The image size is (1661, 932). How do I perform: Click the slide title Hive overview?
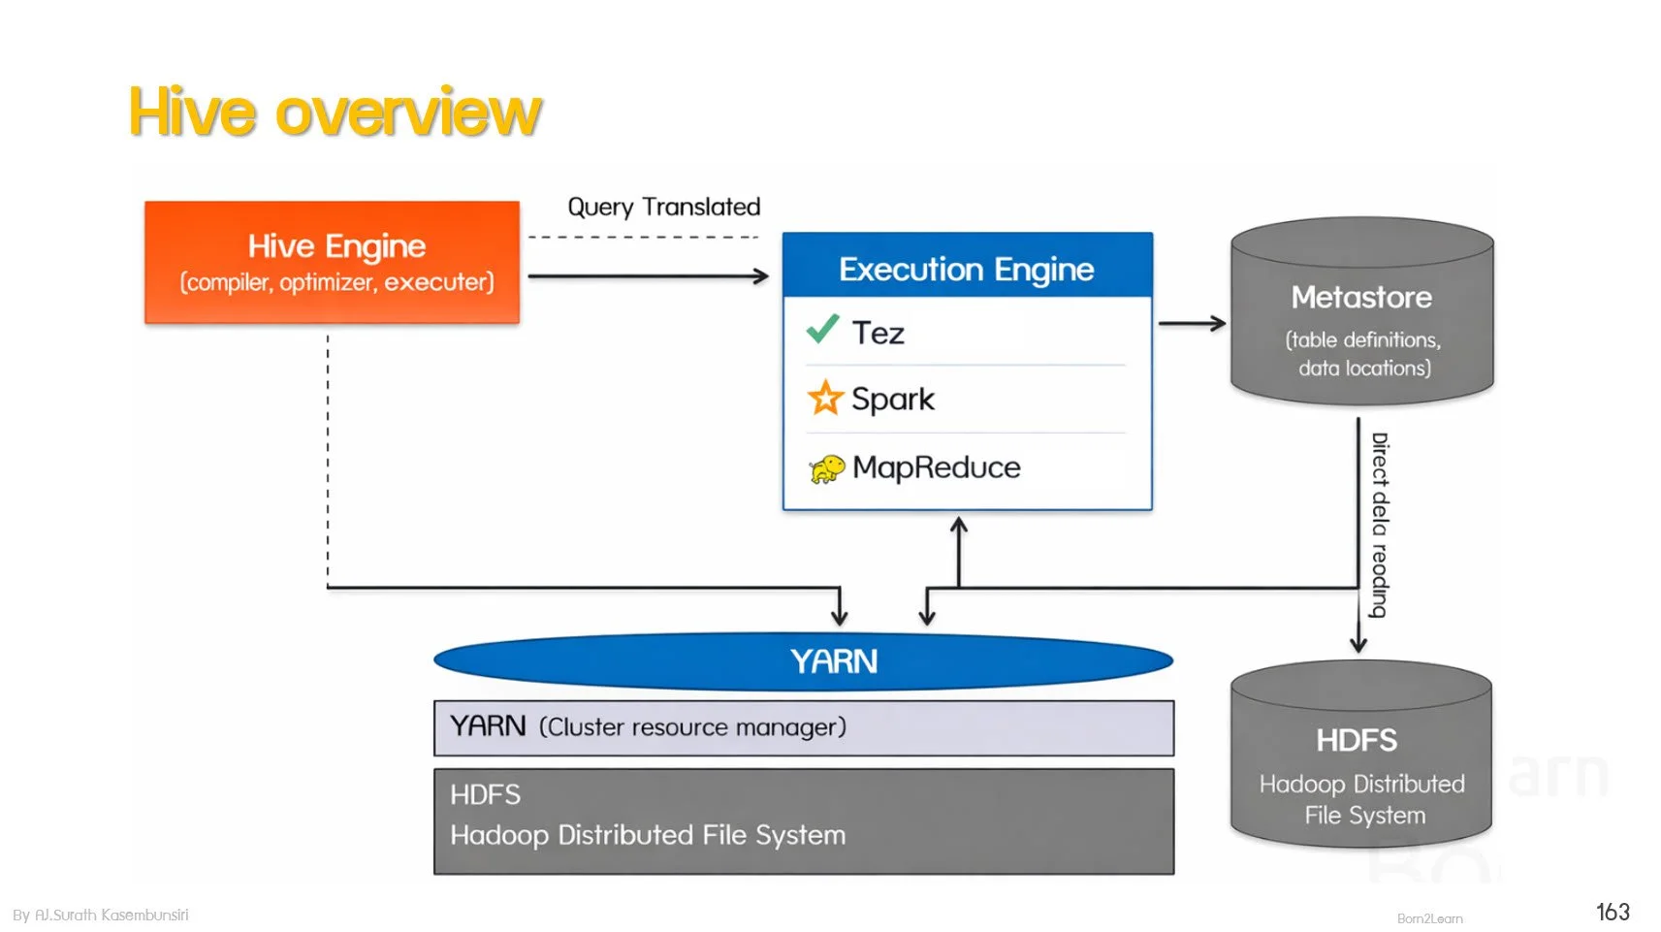pos(335,112)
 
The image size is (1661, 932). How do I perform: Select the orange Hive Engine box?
pos(332,262)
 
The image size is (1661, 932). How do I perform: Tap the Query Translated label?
pos(663,207)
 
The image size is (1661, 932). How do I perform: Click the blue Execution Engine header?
pos(966,268)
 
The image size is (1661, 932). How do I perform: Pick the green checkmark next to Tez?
pos(822,330)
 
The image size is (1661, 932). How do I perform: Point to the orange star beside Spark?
pos(825,398)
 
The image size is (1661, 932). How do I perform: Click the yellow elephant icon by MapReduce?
pos(826,469)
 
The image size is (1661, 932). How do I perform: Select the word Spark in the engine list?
pos(892,399)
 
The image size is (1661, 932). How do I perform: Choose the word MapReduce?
pos(936,467)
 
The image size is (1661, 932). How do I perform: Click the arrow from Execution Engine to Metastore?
pos(1192,324)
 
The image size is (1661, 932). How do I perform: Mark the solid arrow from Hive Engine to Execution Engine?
pos(648,276)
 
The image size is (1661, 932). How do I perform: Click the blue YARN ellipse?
pos(803,661)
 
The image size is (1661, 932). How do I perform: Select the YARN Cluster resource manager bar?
pos(803,727)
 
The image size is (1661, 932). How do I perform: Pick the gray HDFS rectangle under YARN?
pos(803,820)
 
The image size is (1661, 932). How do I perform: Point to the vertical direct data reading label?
pos(1379,525)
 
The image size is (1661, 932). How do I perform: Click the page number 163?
pos(1612,912)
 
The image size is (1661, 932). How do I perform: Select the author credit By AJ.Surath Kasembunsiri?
pos(101,915)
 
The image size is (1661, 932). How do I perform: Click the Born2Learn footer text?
pos(1429,918)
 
